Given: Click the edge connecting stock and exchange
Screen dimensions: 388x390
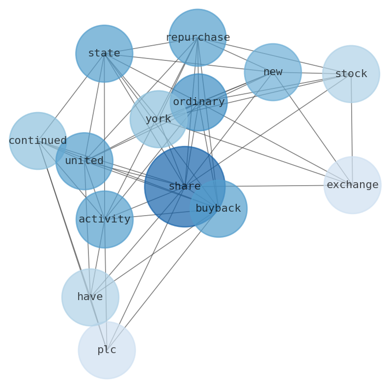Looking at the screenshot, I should click(x=352, y=130).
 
